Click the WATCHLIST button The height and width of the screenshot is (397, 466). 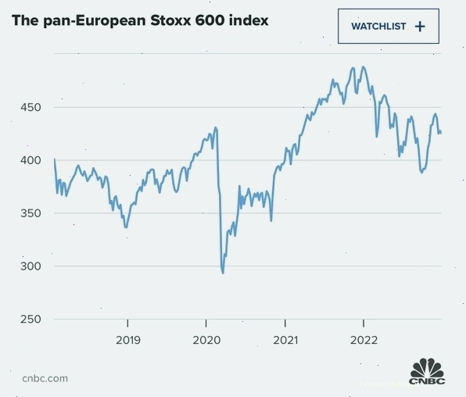[x=389, y=26]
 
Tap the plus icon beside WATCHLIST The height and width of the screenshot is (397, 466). [x=420, y=27]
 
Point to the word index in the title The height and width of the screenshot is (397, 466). [x=249, y=20]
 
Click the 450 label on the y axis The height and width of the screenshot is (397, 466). [x=30, y=107]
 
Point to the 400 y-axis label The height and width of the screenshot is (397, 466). [x=30, y=160]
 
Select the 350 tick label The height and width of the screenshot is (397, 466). [x=30, y=213]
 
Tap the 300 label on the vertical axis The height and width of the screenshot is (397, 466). [x=30, y=266]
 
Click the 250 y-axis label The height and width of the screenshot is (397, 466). [x=30, y=319]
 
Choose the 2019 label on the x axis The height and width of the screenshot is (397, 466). [x=128, y=340]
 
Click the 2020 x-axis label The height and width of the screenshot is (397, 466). [x=206, y=340]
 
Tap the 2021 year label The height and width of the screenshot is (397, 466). [x=285, y=340]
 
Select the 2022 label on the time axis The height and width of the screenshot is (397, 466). [x=364, y=340]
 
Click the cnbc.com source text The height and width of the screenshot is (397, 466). [x=45, y=378]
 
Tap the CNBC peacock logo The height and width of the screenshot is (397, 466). [x=427, y=371]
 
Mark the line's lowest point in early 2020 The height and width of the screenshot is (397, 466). [x=223, y=273]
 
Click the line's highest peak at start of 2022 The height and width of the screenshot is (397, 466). [x=363, y=67]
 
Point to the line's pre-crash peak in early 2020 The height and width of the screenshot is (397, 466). [x=216, y=128]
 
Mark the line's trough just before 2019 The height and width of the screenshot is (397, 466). [x=126, y=227]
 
